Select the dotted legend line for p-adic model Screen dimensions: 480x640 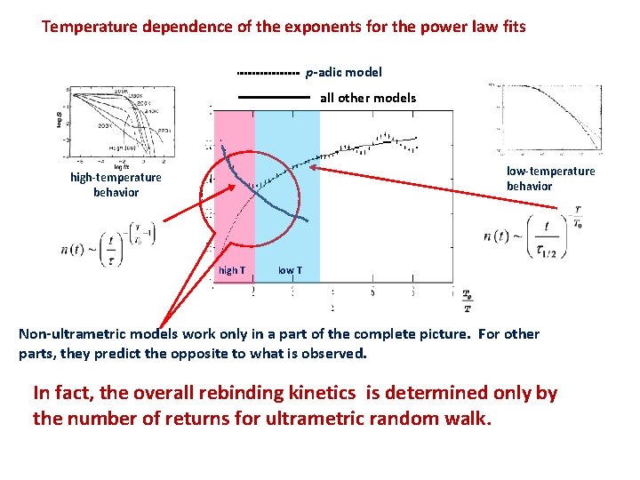click(x=268, y=73)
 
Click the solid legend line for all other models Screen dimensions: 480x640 click(x=273, y=97)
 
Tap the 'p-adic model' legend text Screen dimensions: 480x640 click(x=344, y=73)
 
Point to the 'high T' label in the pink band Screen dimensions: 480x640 click(x=232, y=270)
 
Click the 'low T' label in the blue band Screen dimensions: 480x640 click(x=289, y=270)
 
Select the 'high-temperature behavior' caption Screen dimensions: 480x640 click(x=116, y=185)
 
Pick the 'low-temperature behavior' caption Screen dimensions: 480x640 click(x=550, y=179)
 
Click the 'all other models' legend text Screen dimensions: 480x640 click(x=367, y=98)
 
